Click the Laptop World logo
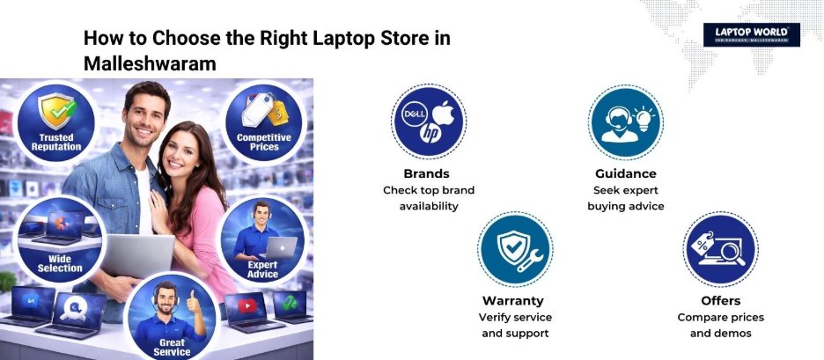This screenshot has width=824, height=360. pos(751,34)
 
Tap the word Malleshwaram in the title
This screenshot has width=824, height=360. pos(150,64)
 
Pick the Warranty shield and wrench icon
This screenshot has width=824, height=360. pos(514,249)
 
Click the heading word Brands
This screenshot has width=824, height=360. pos(426,173)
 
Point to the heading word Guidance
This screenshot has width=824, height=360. pos(625,173)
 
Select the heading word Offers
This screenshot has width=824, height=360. pos(720,300)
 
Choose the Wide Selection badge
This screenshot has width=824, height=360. pos(60,238)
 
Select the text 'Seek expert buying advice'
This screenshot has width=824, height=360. pos(625,198)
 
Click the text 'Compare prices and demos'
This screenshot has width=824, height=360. pos(720,325)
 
